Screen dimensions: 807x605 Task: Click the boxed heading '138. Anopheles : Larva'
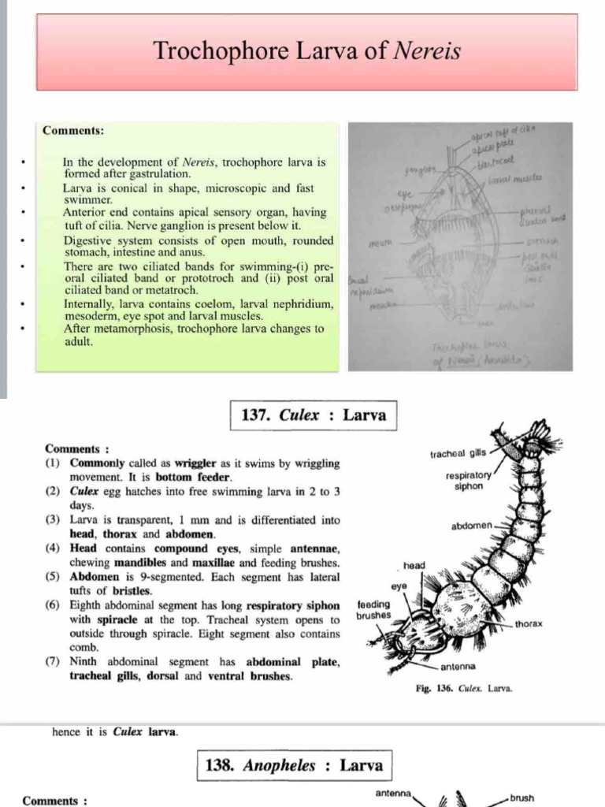pyautogui.click(x=293, y=765)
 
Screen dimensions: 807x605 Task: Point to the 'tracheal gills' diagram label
pyautogui.click(x=458, y=454)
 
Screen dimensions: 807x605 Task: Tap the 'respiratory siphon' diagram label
pyautogui.click(x=469, y=481)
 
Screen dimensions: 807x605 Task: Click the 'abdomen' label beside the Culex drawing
pyautogui.click(x=472, y=525)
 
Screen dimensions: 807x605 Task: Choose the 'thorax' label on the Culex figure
pyautogui.click(x=528, y=623)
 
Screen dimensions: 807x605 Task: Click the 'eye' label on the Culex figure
pyautogui.click(x=399, y=586)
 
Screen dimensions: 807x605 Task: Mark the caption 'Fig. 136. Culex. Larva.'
pyautogui.click(x=463, y=688)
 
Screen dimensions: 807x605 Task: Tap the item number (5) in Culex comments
pyautogui.click(x=52, y=576)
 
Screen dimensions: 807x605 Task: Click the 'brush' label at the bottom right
pyautogui.click(x=521, y=798)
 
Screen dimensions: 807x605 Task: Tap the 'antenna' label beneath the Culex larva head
pyautogui.click(x=457, y=667)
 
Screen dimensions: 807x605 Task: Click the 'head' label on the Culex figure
pyautogui.click(x=414, y=566)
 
